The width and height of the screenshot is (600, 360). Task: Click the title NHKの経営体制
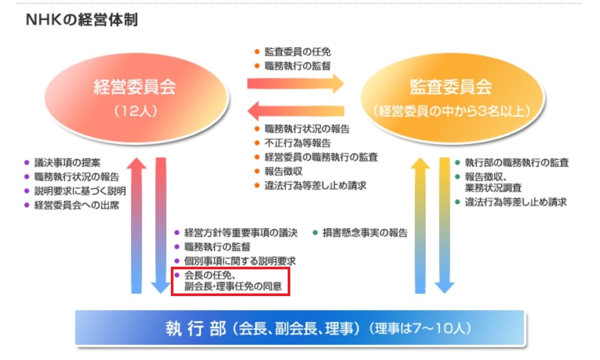point(82,19)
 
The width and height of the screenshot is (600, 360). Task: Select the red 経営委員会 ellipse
point(137,98)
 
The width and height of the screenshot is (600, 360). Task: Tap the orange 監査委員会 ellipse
point(452,98)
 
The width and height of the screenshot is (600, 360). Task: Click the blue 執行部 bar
point(300,328)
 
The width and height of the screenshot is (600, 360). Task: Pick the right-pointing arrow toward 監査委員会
point(296,83)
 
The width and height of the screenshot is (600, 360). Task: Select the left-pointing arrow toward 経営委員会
point(296,111)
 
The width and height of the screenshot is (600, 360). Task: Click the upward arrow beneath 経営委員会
point(137,225)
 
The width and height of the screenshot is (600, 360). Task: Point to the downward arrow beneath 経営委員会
point(161,225)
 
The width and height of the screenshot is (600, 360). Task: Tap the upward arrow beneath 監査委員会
point(420,225)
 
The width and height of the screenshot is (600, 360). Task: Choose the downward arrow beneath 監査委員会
point(444,225)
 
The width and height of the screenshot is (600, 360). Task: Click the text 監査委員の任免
point(297,52)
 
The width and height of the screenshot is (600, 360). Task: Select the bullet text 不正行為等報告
point(297,143)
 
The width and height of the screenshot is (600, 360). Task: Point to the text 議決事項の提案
point(68,162)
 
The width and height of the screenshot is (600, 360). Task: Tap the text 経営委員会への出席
point(77,205)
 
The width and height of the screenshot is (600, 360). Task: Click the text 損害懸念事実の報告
point(365,233)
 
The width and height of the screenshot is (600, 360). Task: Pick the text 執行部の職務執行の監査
point(517,162)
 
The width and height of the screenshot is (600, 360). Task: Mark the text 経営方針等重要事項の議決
point(241,233)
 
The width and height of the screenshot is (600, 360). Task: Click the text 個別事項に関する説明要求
point(240,261)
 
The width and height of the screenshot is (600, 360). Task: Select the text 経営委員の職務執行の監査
point(321,157)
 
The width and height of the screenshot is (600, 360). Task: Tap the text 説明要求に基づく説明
point(80,191)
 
